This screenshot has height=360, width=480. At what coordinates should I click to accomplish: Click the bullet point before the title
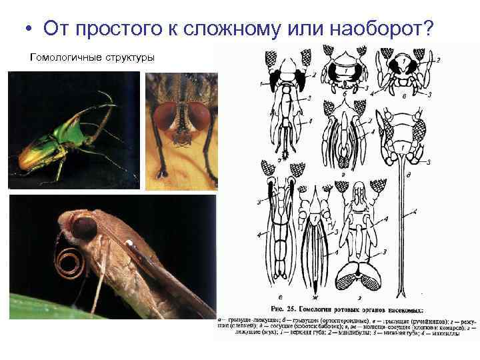[27, 29]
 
